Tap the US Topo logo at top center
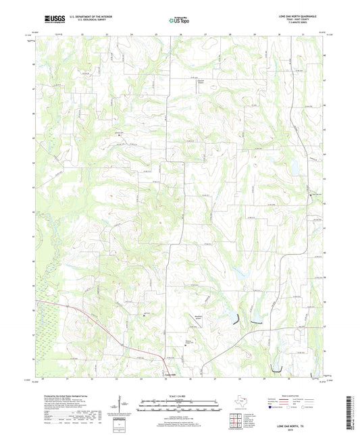coord(179,21)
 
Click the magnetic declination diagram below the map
coord(124,406)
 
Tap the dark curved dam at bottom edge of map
coord(276,369)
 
